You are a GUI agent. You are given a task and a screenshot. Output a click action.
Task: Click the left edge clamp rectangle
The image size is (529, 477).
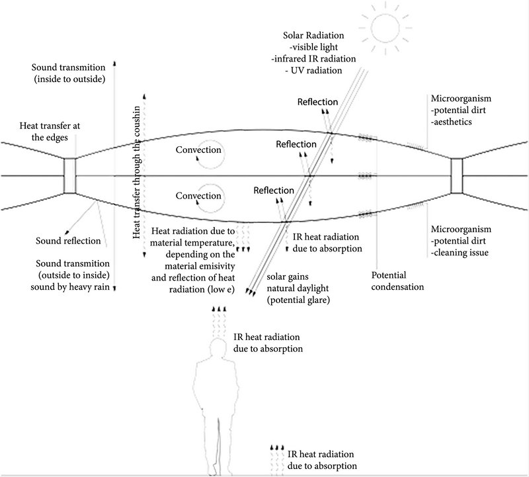pyautogui.click(x=71, y=175)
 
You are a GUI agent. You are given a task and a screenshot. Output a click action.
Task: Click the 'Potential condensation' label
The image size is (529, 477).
pyautogui.click(x=397, y=281)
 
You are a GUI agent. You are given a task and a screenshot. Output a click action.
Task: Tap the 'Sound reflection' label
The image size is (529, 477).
pyautogui.click(x=68, y=241)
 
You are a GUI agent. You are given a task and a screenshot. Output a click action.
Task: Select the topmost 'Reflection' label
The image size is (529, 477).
pyautogui.click(x=317, y=103)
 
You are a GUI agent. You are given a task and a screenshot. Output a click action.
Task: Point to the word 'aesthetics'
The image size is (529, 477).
pyautogui.click(x=457, y=122)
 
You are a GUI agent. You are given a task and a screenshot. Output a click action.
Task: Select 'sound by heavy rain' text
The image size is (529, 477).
pyautogui.click(x=72, y=288)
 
